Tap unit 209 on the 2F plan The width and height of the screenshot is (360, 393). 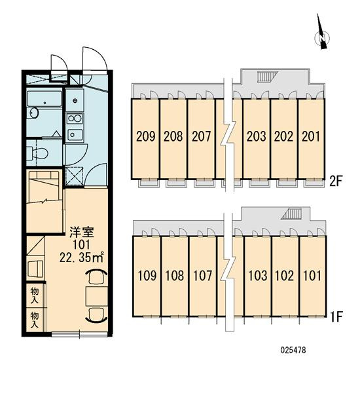coord(145,136)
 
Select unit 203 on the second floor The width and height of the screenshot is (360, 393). coord(256,136)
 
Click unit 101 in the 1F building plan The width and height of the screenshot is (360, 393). coord(312,276)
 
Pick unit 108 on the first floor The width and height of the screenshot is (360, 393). coord(175,276)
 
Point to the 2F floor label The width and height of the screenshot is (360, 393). coord(335,181)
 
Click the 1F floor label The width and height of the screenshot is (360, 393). coord(336,317)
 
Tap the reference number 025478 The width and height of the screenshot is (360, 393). coord(293,350)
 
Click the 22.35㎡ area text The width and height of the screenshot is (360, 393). coord(81,257)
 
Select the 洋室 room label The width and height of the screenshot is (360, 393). coord(82,233)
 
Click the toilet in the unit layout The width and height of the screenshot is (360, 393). coord(37,153)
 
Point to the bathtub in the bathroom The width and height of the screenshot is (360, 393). coord(45,99)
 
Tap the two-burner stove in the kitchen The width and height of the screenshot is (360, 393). coord(75,119)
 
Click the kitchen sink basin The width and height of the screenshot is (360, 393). coord(75,135)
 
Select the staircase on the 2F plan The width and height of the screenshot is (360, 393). coord(268,77)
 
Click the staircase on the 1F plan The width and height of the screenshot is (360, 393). coord(291,215)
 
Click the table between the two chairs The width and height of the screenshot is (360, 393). coord(96,297)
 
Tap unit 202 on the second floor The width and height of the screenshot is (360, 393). coord(283,136)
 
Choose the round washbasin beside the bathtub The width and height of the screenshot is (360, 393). coord(33,113)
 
